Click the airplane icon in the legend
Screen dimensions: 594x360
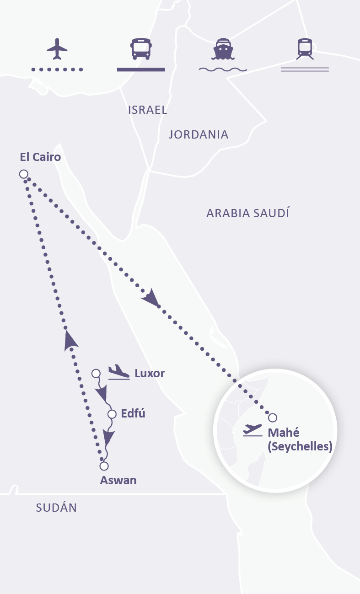point(57,49)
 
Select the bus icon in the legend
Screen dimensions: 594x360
point(140,49)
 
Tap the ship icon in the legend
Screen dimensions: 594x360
point(222,49)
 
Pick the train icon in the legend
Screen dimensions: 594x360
point(305,49)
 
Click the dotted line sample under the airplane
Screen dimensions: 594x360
point(57,70)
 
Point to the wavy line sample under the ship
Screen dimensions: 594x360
point(223,70)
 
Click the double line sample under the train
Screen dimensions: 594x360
point(305,70)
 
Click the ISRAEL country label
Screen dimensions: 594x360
point(147,110)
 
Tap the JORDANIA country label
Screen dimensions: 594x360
point(199,134)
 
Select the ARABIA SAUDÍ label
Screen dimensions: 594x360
point(247,213)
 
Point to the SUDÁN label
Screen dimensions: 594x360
point(56,507)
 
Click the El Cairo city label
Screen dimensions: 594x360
point(40,157)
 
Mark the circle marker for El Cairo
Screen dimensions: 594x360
point(23,174)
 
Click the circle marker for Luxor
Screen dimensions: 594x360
point(96,374)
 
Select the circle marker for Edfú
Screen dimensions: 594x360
point(112,414)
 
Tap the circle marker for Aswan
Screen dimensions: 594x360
point(104,466)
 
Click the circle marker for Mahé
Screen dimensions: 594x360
point(273,417)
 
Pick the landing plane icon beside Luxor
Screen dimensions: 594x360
point(119,372)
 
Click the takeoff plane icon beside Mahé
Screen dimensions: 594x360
point(253,430)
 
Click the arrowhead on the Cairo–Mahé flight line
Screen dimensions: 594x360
point(151,300)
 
